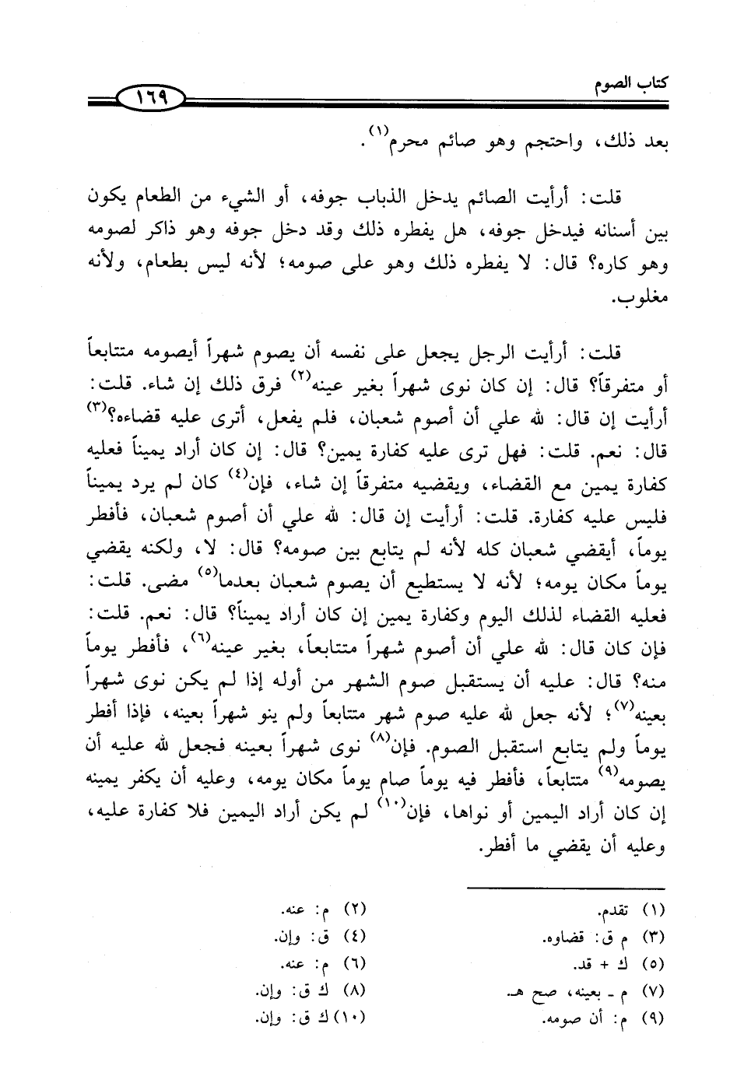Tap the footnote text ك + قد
(595, 966)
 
